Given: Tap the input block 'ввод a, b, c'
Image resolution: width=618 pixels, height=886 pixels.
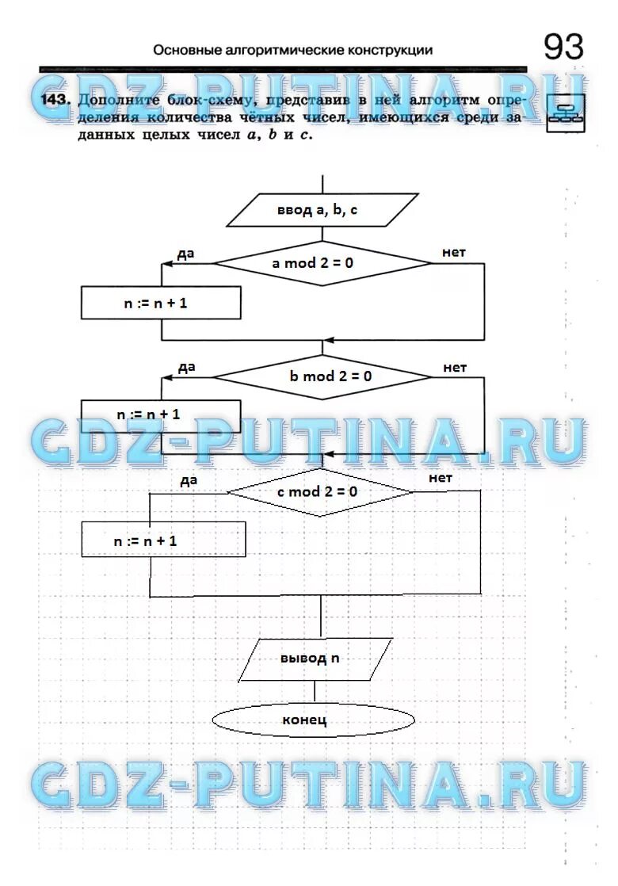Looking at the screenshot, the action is [x=322, y=211].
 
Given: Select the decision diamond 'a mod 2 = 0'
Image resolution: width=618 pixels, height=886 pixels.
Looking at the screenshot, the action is [x=322, y=263].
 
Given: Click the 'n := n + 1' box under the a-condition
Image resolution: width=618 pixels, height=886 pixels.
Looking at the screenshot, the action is [x=161, y=303].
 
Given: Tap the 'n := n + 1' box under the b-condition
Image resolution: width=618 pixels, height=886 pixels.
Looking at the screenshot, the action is [x=161, y=414].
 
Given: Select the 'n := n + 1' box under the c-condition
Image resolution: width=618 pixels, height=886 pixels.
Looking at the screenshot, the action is [x=163, y=540].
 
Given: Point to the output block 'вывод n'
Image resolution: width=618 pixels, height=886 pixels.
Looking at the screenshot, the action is [x=315, y=659].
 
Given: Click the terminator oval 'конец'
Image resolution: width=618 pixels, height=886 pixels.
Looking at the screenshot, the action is [x=313, y=720].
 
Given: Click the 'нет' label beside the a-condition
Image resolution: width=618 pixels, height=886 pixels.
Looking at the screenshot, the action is [x=454, y=252].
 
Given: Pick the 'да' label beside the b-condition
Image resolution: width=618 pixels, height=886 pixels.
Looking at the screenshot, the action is [x=186, y=367].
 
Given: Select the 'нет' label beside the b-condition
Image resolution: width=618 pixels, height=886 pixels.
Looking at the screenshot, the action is [x=455, y=367].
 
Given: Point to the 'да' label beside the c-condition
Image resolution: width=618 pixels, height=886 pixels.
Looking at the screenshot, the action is [x=188, y=479].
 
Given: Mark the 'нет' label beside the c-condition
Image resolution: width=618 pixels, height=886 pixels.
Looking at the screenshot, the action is [x=440, y=478].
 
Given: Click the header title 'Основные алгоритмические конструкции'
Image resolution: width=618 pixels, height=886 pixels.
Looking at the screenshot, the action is [x=293, y=50].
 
